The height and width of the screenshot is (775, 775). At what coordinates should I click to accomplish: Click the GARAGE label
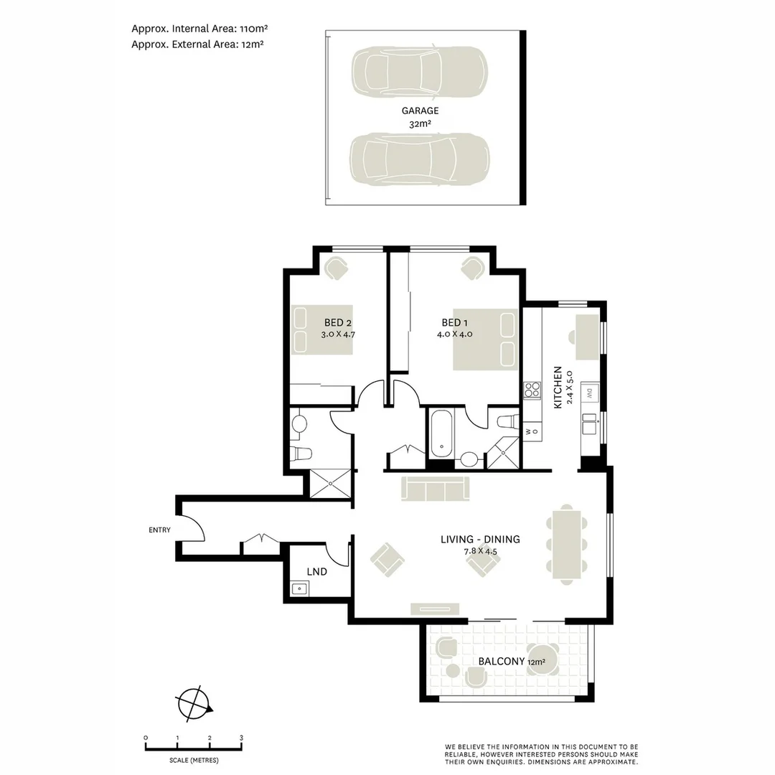421,111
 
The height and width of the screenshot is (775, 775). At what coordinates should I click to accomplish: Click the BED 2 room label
338,322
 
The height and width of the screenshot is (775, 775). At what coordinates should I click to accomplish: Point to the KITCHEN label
558,387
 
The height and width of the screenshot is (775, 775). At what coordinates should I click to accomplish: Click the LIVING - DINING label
480,540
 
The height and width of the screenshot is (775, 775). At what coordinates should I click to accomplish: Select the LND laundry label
316,572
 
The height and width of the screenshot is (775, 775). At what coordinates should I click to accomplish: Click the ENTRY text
159,530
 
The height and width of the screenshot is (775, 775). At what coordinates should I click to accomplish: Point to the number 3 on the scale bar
241,738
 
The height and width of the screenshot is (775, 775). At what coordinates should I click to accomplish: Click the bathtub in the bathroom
441,433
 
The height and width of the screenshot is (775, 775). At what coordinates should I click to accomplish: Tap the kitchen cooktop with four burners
532,390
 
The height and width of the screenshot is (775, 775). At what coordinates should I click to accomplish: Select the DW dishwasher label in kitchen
588,393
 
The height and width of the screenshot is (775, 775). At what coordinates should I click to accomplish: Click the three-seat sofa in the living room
435,489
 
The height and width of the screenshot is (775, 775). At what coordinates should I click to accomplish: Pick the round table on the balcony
544,662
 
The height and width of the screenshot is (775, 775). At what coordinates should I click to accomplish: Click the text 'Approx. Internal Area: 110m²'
199,29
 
